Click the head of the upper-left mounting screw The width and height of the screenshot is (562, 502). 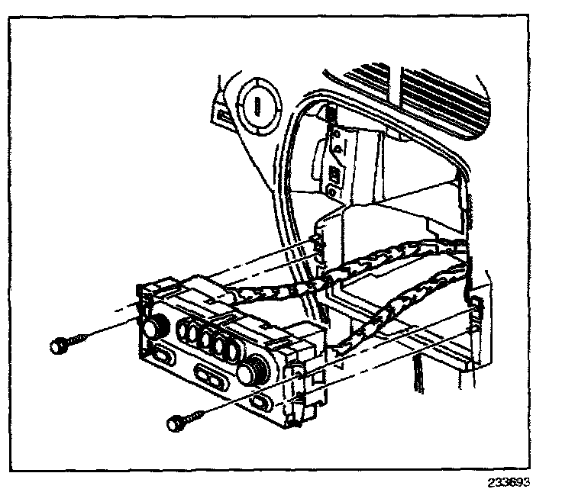[59, 346]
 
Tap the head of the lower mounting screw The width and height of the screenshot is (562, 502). [175, 420]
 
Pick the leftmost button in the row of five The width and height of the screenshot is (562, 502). [185, 330]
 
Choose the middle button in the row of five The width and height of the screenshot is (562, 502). [208, 341]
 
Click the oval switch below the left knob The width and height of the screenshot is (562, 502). [162, 354]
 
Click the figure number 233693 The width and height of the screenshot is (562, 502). [508, 483]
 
